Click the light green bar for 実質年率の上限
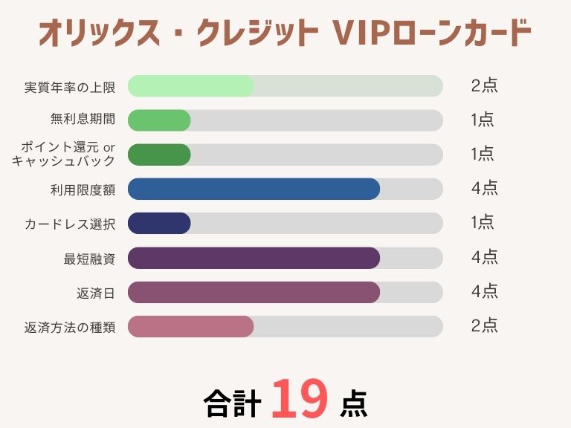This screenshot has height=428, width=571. click(191, 86)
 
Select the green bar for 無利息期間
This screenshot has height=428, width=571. click(159, 120)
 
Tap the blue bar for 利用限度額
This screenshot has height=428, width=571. click(254, 189)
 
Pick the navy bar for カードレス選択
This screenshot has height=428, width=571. click(159, 223)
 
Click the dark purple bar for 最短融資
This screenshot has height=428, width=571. click(254, 258)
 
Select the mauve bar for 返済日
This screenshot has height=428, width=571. click(254, 292)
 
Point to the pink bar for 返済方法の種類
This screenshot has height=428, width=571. click(191, 326)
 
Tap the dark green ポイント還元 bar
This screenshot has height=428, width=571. click(159, 155)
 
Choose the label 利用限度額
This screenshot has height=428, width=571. click(83, 189)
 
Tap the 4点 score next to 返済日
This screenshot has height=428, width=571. click(484, 292)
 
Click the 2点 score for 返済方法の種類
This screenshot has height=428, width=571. click(484, 325)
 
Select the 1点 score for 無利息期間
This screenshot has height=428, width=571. click(483, 120)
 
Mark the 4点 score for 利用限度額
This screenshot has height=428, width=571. click(484, 189)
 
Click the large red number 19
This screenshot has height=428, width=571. click(299, 400)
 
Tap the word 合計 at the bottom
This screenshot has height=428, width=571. click(232, 403)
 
